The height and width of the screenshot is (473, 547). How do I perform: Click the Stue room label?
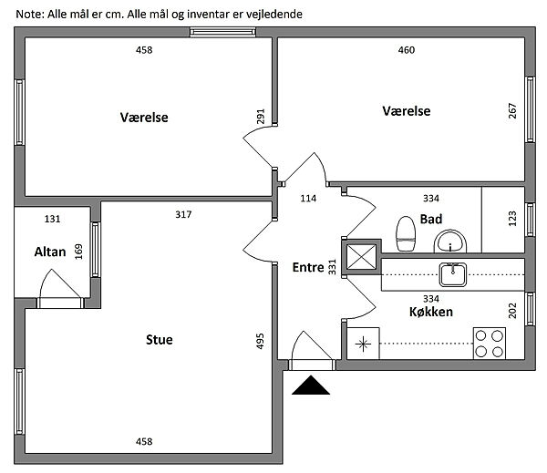coord(159,340)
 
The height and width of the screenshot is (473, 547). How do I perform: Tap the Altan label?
coord(49,252)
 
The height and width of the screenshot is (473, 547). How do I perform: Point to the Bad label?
coord(431,219)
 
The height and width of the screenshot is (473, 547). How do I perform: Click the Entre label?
coord(308,268)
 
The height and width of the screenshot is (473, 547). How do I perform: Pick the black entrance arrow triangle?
coord(310,386)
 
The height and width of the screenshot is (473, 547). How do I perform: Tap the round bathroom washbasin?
coord(450,242)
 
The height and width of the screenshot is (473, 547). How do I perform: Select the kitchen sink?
coord(451,272)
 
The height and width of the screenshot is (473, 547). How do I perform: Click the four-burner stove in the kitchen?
coord(490,343)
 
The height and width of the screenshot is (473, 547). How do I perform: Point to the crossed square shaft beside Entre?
coord(360,257)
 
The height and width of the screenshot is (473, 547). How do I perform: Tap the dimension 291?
coord(260,118)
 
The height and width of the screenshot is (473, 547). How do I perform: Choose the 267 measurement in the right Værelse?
coord(512,111)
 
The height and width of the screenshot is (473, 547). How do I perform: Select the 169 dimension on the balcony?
coord(78,251)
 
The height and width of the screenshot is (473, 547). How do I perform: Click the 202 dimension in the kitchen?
coord(512,310)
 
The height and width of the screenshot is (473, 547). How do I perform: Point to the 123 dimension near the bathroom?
coord(512,219)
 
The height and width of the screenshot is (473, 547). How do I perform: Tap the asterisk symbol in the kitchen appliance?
coord(364,344)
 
